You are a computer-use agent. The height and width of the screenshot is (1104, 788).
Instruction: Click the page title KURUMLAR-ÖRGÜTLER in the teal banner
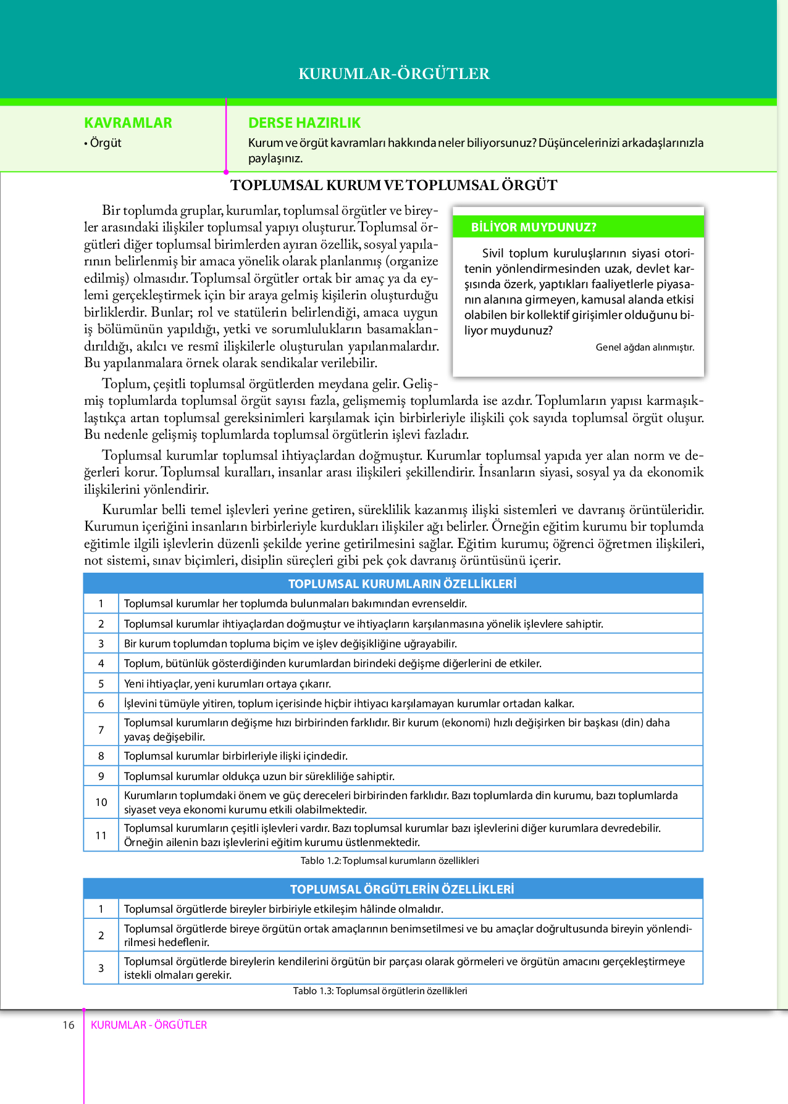click(x=394, y=74)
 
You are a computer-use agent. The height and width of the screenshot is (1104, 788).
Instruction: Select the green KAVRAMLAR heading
click(x=128, y=123)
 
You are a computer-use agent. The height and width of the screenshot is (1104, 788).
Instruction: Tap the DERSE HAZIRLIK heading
click(x=304, y=123)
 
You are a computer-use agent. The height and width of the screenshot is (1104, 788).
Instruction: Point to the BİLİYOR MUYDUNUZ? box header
click(x=534, y=227)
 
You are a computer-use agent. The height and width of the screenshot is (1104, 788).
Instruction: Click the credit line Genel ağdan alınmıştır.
click(x=645, y=347)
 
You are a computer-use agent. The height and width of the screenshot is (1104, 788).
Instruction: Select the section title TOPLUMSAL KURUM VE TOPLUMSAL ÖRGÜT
click(x=394, y=185)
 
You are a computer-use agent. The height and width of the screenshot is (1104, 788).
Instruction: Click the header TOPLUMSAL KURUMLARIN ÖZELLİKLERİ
click(x=402, y=584)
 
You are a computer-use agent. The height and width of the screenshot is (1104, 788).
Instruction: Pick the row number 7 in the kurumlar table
click(x=101, y=730)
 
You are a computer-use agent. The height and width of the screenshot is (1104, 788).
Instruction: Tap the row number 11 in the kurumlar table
click(x=101, y=836)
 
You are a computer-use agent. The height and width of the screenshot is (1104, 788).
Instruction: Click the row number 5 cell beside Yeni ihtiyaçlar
click(x=101, y=684)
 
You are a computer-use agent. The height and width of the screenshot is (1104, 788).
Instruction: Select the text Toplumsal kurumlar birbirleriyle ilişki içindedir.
click(x=235, y=756)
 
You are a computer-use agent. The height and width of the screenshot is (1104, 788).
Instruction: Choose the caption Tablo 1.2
click(x=390, y=861)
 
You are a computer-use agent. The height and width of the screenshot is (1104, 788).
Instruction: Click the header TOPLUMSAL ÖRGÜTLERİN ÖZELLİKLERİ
click(x=402, y=889)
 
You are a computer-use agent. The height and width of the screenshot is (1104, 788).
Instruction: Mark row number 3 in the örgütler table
click(x=101, y=968)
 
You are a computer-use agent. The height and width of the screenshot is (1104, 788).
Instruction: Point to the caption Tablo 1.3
click(x=380, y=991)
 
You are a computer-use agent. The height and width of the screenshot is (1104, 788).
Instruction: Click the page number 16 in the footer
click(x=68, y=1025)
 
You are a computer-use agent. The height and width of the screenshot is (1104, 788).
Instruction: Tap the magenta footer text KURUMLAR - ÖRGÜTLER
click(x=149, y=1025)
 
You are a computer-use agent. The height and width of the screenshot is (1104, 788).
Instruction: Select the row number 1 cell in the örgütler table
click(x=101, y=909)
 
